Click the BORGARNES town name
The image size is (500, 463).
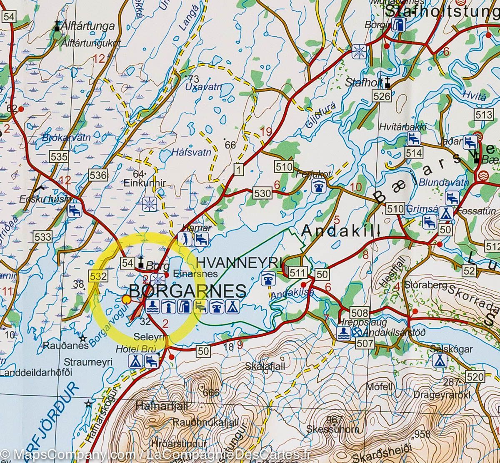[188, 290]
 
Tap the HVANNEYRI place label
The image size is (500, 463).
[239, 262]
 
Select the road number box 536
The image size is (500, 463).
[98, 175]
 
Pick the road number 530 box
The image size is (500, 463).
[262, 193]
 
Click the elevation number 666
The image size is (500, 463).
[211, 392]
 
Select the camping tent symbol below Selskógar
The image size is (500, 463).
[439, 360]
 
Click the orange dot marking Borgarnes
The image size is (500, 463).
[127, 299]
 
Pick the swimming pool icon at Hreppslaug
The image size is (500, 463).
[343, 332]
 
